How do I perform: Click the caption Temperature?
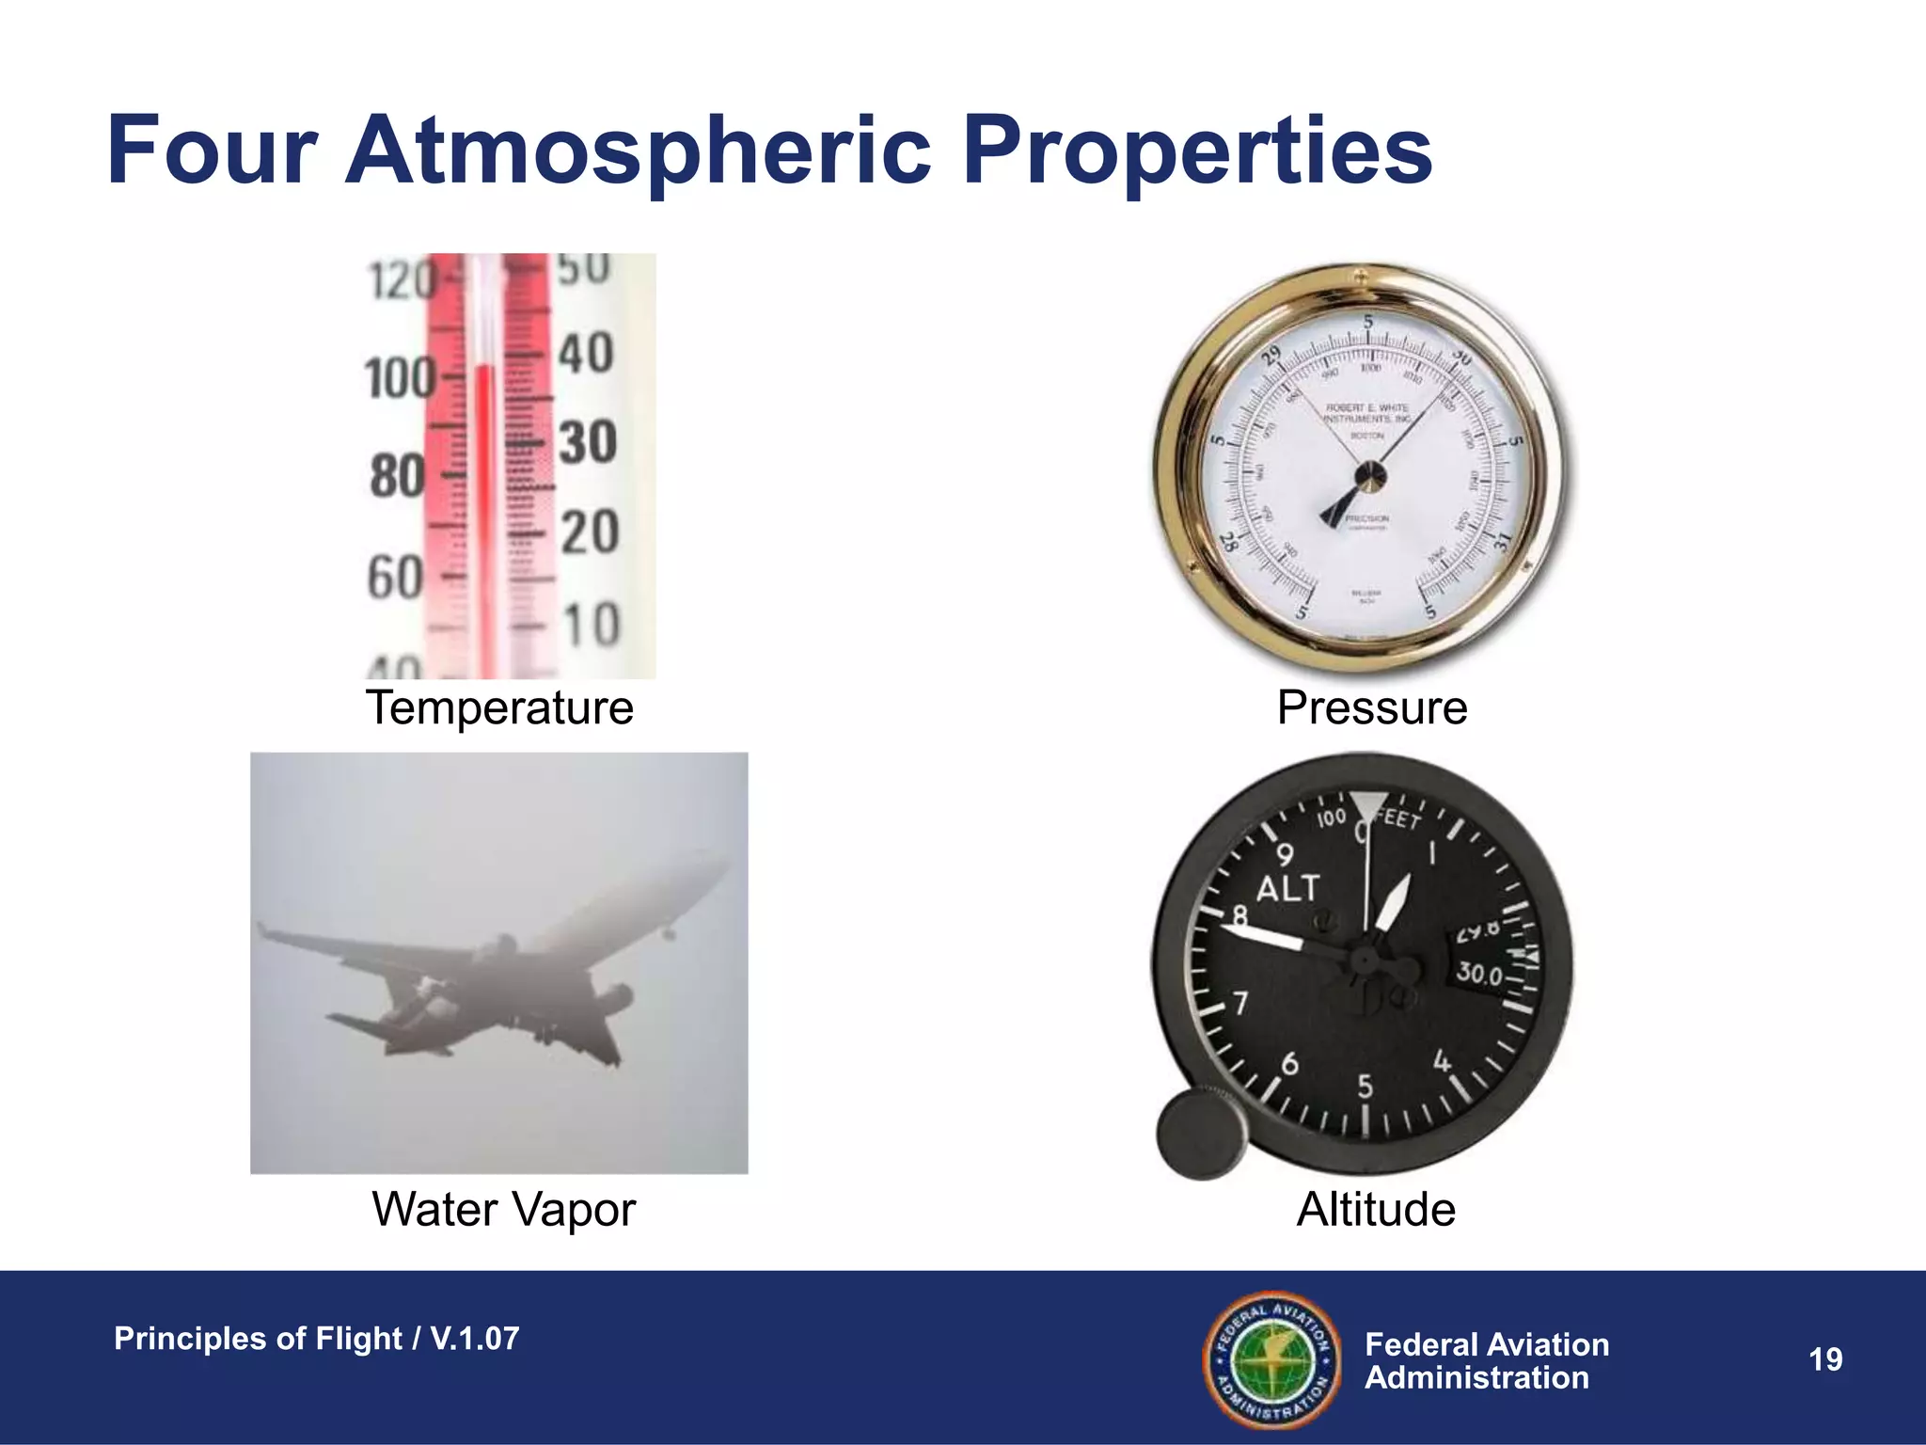coord(499,707)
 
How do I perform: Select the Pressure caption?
coord(1371,707)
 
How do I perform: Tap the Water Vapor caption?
coord(503,1210)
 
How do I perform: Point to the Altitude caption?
coord(1375,1210)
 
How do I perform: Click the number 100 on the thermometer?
coord(399,378)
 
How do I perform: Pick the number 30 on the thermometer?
coord(588,442)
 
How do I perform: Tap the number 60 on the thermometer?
coord(395,576)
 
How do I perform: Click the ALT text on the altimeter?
coord(1287,889)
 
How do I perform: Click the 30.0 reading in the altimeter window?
coord(1479,974)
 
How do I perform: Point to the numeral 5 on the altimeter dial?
coord(1365,1088)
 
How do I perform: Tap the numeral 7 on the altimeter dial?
coord(1241,1003)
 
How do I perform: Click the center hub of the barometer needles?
coord(1369,475)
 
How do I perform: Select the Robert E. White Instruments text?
coord(1367,414)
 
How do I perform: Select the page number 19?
coord(1825,1359)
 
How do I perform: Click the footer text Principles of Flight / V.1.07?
coord(316,1339)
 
